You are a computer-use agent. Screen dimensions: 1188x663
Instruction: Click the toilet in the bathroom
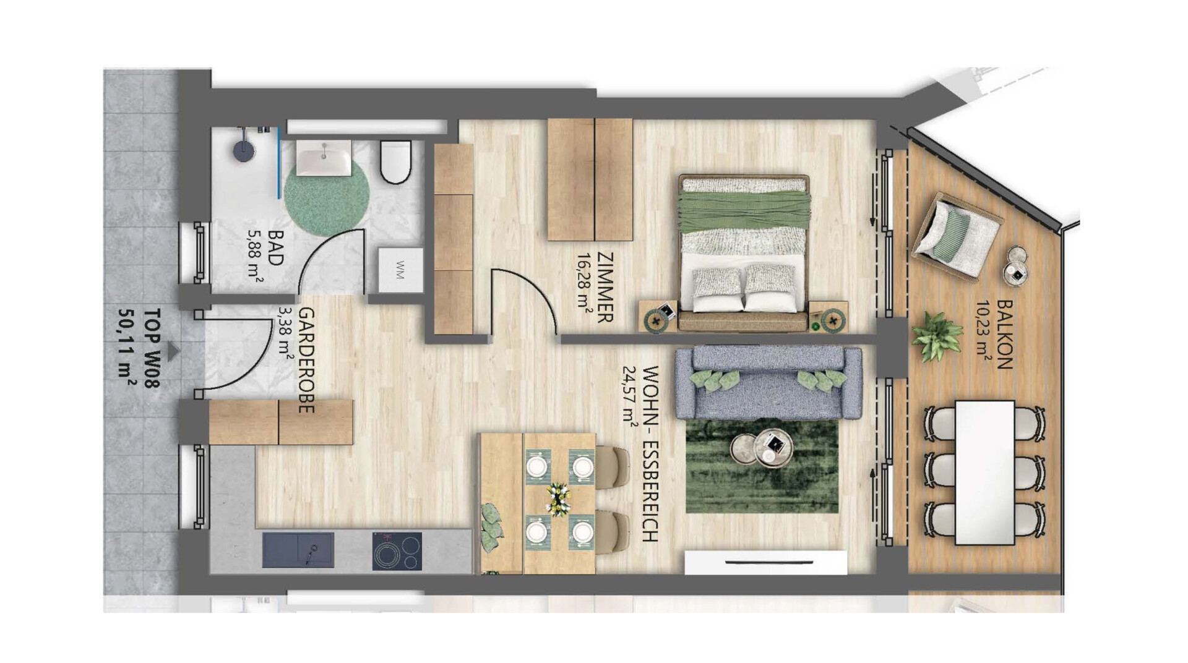point(396,162)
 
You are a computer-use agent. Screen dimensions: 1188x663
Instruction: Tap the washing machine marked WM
point(400,271)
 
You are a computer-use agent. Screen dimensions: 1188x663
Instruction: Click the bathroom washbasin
point(324,158)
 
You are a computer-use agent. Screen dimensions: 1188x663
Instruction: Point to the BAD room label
point(275,248)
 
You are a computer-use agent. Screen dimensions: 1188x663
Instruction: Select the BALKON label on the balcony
point(1004,335)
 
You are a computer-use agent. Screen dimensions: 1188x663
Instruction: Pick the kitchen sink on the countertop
point(298,550)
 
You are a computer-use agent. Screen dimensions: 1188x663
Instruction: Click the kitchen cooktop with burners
point(397,551)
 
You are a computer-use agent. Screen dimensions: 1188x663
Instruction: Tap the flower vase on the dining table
point(559,498)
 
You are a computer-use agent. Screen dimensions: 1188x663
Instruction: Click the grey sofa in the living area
point(768,382)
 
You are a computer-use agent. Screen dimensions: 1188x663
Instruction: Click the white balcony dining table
point(985,473)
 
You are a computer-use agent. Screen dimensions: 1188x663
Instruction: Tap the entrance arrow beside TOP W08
point(174,351)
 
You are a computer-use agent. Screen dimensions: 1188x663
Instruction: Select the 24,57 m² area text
point(631,398)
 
